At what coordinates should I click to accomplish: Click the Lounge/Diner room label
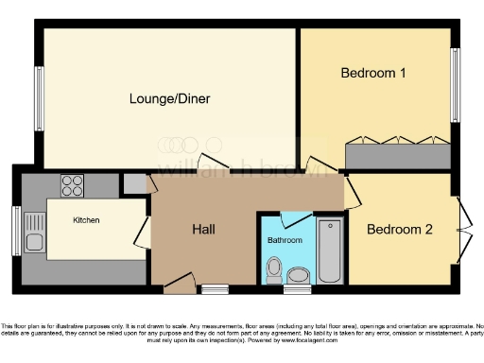[170, 98]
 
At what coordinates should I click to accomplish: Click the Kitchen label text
[86, 220]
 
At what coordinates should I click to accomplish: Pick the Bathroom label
[285, 241]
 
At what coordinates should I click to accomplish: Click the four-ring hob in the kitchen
[73, 184]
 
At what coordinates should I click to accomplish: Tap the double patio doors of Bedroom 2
[462, 229]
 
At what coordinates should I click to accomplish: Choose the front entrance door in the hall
[179, 281]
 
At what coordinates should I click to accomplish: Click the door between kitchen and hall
[143, 230]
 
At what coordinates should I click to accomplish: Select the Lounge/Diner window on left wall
[41, 98]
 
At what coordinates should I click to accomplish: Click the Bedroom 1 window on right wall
[455, 79]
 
